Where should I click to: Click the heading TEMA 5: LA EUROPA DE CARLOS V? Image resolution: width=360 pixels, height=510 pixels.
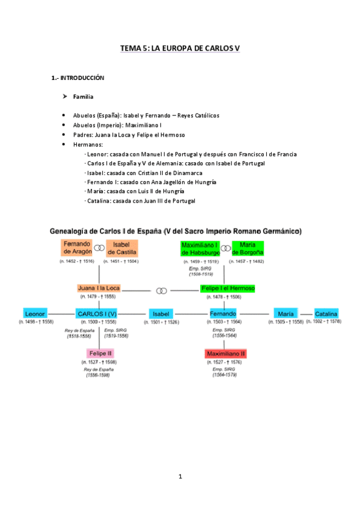coord(180,48)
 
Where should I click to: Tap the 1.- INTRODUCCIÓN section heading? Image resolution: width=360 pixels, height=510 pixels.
coord(79,78)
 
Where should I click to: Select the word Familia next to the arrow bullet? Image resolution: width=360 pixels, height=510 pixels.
coord(83,96)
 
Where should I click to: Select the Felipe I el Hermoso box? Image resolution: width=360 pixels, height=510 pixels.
coord(228,288)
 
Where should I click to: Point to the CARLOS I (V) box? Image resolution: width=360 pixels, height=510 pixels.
coord(96,313)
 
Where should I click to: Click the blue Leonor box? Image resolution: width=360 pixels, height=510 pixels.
coord(35,313)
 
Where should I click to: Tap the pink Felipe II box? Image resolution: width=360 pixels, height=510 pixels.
coord(100,353)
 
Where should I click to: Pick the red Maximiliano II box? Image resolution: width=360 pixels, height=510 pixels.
coord(225,353)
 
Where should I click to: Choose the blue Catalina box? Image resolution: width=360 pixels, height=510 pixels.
coord(326,313)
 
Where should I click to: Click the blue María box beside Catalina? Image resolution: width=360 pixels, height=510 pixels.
coord(285,313)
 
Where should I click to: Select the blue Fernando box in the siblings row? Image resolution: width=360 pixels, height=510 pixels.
coord(222,313)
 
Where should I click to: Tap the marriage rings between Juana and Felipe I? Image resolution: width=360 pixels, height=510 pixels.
coord(161,290)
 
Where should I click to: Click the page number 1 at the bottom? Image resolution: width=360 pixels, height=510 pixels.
coord(180,476)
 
